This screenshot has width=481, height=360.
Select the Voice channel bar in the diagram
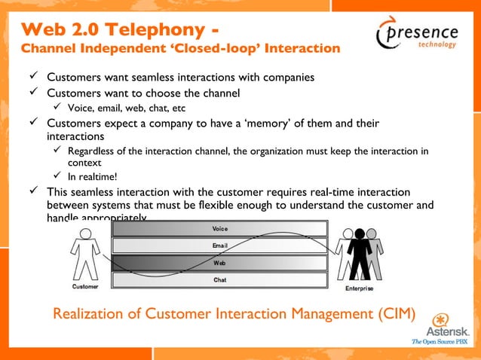pyautogui.click(x=219, y=228)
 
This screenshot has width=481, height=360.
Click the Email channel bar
pyautogui.click(x=219, y=246)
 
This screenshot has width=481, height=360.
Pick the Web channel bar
pyautogui.click(x=219, y=263)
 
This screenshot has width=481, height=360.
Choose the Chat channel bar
pyautogui.click(x=219, y=280)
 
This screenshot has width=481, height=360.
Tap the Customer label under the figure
pyautogui.click(x=84, y=287)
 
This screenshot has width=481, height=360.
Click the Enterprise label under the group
pyautogui.click(x=359, y=288)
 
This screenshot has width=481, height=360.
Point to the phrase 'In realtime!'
pyautogui.click(x=92, y=177)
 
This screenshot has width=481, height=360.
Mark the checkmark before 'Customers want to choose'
pyautogui.click(x=32, y=93)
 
